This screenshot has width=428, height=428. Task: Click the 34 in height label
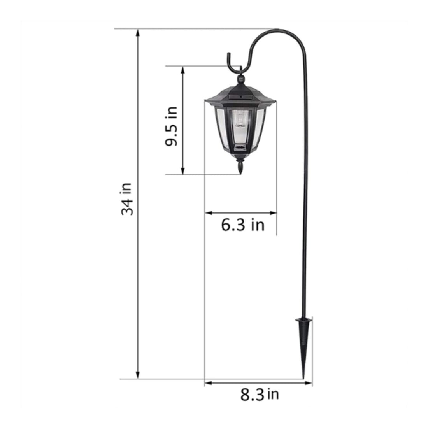pyautogui.click(x=127, y=199)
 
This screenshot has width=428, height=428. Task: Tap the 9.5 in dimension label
pyautogui.click(x=172, y=126)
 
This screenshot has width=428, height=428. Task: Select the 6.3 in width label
pyautogui.click(x=243, y=225)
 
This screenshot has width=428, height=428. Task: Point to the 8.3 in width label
pyautogui.click(x=260, y=395)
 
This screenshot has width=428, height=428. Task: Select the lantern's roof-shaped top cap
pyautogui.click(x=240, y=96)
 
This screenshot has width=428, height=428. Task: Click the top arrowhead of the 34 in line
pyautogui.click(x=138, y=33)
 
